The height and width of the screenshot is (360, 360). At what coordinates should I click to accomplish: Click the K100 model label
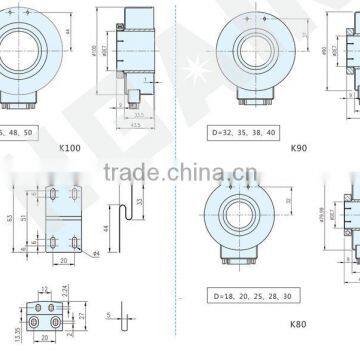point(71,147)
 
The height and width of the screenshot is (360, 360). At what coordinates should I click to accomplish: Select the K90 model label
point(297,147)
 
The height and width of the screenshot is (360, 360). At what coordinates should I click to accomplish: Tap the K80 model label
point(297,324)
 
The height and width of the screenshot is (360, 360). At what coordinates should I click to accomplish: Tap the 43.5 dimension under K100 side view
point(134,126)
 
